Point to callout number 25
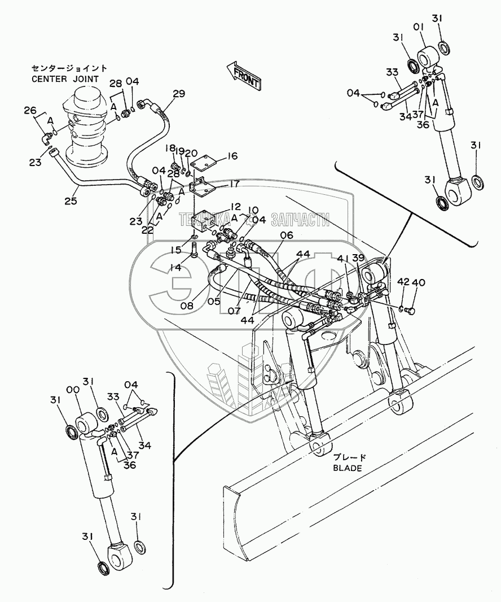(x=71, y=200)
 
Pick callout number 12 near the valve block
(x=219, y=207)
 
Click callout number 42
(x=403, y=282)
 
